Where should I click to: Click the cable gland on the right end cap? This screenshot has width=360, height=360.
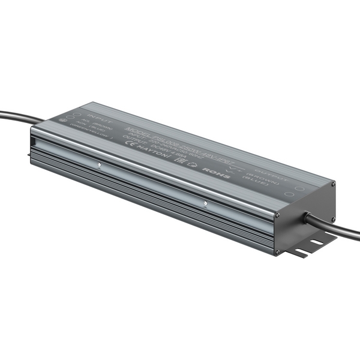(306, 217)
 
